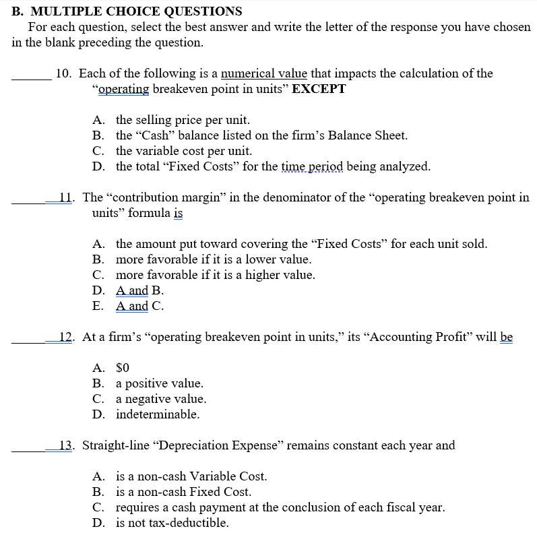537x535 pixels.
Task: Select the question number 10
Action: coord(64,73)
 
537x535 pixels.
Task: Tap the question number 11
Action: coord(65,198)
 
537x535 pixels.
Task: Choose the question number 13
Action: coord(66,445)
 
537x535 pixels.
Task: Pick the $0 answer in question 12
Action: coord(122,368)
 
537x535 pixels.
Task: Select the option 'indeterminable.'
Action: coord(158,414)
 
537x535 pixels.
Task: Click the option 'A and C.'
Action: coord(139,306)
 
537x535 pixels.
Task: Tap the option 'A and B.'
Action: coord(139,290)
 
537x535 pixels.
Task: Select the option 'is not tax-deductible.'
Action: coord(172,523)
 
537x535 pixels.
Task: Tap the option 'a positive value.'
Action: coord(159,383)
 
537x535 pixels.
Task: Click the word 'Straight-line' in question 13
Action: coord(119,445)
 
